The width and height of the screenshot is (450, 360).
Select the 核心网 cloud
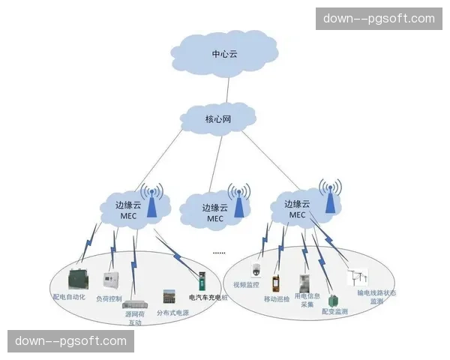tap(219, 118)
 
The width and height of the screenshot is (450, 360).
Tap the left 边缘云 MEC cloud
tap(127, 210)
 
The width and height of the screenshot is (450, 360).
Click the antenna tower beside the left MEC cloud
tap(152, 200)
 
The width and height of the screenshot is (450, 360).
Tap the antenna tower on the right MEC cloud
tap(328, 196)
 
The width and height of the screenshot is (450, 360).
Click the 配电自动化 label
tap(69, 297)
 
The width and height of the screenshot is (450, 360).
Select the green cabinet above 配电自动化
tap(78, 278)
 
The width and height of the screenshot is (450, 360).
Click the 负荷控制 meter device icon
tap(111, 281)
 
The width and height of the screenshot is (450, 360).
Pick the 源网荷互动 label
tap(134, 319)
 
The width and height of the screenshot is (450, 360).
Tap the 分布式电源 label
tap(172, 312)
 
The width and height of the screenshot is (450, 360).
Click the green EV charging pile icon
tap(201, 282)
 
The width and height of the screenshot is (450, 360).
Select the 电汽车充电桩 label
tap(208, 297)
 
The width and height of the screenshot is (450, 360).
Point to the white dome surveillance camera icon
tap(256, 271)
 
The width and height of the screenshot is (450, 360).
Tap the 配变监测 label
tap(334, 310)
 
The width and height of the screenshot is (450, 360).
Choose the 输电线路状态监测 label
tap(376, 297)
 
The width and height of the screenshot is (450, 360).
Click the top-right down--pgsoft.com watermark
tap(378, 18)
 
